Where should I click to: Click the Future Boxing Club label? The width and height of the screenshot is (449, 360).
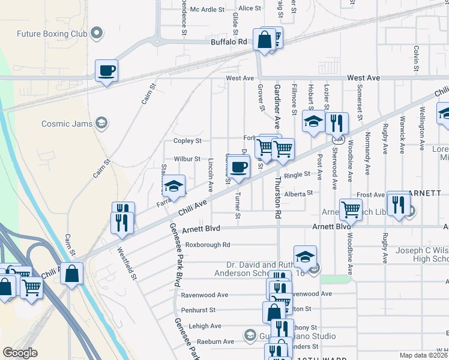click(52, 34)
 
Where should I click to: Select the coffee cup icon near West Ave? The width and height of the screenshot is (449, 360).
click(107, 71)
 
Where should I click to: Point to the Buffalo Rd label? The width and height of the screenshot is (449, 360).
click(229, 42)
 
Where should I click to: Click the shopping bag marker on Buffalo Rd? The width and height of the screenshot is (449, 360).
click(264, 40)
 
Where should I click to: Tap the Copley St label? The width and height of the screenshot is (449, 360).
click(187, 141)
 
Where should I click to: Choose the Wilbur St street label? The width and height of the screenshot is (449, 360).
click(187, 159)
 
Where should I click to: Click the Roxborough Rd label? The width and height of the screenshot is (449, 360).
click(208, 245)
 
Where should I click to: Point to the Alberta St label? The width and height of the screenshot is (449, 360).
click(299, 193)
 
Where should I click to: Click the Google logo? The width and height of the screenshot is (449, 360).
click(20, 353)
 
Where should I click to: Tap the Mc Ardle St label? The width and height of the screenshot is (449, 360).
click(206, 9)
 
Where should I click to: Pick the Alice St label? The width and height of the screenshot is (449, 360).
click(250, 8)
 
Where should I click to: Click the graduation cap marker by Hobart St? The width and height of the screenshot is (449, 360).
click(313, 122)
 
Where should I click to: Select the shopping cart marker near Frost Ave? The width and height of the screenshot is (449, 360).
click(351, 209)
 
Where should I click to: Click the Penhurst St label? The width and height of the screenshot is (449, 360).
click(198, 310)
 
